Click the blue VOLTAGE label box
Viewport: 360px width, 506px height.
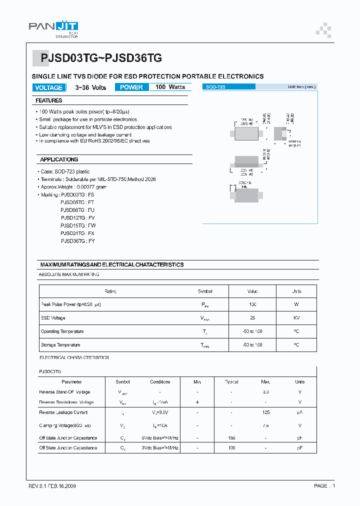click(49, 87)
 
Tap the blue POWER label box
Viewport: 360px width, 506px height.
click(131, 87)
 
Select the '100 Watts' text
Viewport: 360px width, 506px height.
click(170, 87)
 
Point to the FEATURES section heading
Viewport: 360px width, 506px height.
click(49, 100)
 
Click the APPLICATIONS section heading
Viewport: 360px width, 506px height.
click(59, 159)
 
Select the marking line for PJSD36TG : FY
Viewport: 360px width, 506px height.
click(77, 241)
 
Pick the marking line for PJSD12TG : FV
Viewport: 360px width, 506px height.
click(77, 218)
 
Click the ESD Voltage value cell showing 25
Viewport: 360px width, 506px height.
click(252, 318)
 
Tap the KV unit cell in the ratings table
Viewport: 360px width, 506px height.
click(296, 318)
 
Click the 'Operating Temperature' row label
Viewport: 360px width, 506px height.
click(62, 331)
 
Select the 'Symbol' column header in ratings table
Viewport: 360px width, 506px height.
click(205, 291)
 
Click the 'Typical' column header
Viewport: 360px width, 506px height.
click(231, 381)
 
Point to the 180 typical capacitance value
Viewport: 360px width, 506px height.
click(231, 438)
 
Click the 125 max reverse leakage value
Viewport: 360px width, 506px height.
click(265, 412)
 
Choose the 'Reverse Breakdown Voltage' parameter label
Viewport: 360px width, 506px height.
click(66, 402)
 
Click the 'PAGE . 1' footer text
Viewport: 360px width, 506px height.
click(324, 485)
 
